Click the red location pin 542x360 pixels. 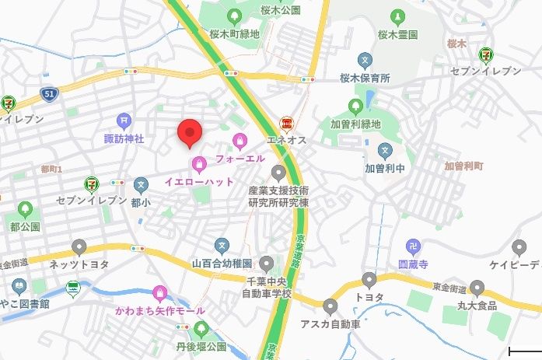(x=189, y=133)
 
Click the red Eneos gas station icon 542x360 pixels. (x=286, y=124)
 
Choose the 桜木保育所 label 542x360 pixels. (x=364, y=79)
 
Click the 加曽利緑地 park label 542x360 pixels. (x=355, y=124)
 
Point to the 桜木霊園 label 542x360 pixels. (x=397, y=35)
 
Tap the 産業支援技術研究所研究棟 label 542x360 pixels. (x=278, y=196)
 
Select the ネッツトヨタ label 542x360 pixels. (x=79, y=264)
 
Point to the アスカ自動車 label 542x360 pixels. (x=331, y=323)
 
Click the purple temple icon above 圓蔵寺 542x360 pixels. (x=414, y=247)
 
